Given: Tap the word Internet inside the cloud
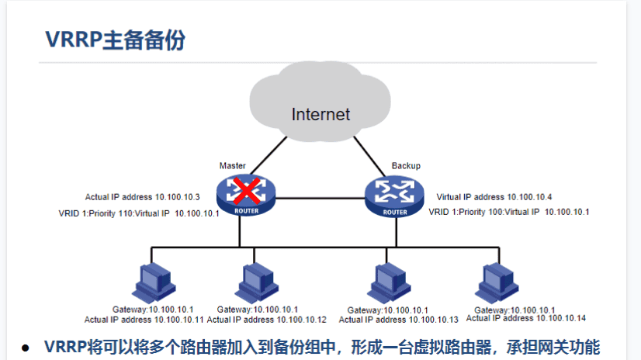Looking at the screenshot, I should tap(320, 115).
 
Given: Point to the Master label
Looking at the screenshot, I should tap(232, 166).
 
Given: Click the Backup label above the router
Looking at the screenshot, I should tap(406, 166).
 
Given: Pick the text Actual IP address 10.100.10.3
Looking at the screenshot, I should tap(143, 198).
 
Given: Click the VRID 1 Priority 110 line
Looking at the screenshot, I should tap(139, 213).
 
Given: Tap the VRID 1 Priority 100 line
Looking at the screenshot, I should tap(509, 212).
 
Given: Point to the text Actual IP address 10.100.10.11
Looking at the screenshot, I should tap(144, 319).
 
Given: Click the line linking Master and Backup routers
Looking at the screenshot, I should tap(320, 198).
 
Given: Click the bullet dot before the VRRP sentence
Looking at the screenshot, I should tap(26, 348).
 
